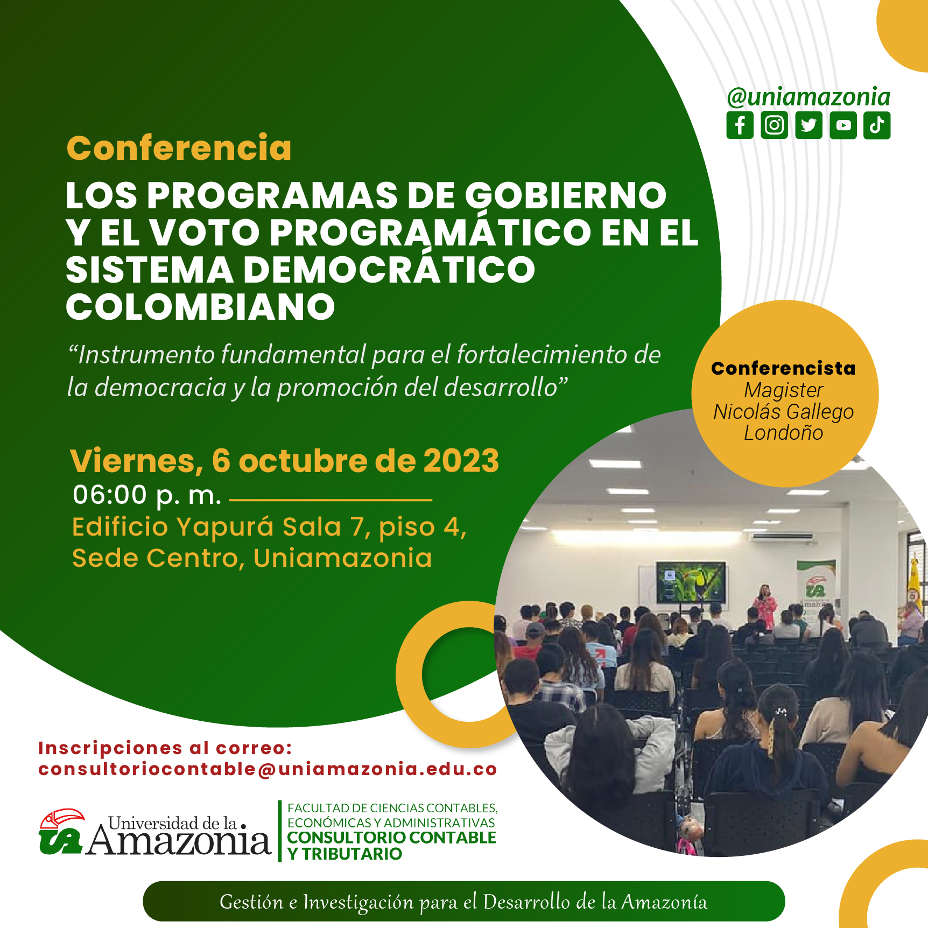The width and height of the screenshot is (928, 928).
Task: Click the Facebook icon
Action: point(740,125)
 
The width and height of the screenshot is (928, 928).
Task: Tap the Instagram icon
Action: point(774,125)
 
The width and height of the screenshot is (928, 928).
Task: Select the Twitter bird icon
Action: point(809,125)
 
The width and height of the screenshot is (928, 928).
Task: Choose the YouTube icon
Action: point(843,125)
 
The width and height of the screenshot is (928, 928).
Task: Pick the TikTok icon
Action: point(877,125)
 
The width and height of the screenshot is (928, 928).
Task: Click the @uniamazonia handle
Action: point(809,97)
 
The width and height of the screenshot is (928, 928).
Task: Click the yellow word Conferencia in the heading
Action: point(179,148)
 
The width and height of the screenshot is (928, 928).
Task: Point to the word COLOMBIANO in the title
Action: point(200,307)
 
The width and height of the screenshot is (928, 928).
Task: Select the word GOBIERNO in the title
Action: point(566,195)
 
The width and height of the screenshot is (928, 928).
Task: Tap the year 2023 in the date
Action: point(461,461)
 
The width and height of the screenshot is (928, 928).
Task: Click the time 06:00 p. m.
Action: point(147,495)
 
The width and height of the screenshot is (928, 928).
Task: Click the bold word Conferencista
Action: point(783,368)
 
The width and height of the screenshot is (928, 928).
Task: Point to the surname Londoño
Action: point(783,433)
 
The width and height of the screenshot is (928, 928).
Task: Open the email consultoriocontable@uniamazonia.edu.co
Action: point(268,769)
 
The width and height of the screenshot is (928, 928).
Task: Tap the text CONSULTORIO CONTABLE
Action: point(392,838)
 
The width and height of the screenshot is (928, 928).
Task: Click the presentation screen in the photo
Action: point(691,583)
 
